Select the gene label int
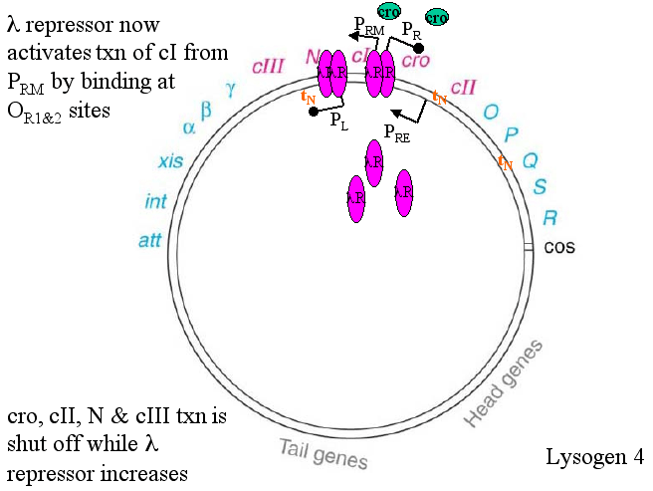pyautogui.click(x=155, y=202)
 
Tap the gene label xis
pyautogui.click(x=170, y=161)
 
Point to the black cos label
pyautogui.click(x=560, y=247)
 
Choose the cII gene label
pyautogui.click(x=464, y=87)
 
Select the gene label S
pyautogui.click(x=541, y=186)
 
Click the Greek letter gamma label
pyautogui.click(x=230, y=89)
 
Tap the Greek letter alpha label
pyautogui.click(x=188, y=127)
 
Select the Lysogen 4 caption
pyautogui.click(x=594, y=458)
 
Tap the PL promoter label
pyautogui.click(x=339, y=120)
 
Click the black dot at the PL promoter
pyautogui.click(x=314, y=112)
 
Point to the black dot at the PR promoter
pyautogui.click(x=419, y=48)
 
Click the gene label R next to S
pyautogui.click(x=549, y=217)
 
